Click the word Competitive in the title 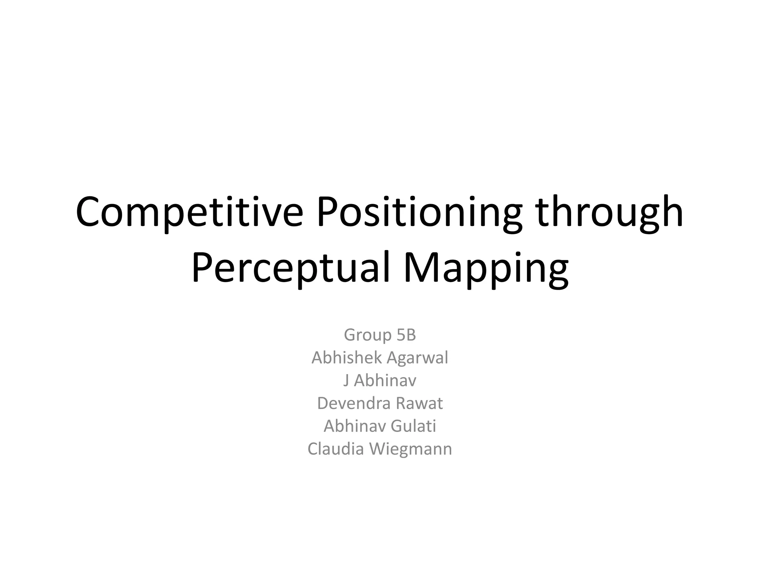[189, 212]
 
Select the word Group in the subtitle [367, 335]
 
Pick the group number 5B [406, 335]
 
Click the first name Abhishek [347, 358]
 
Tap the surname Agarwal [417, 358]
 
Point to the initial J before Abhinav [346, 381]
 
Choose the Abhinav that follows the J [385, 381]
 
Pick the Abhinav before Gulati [354, 426]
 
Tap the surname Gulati [413, 426]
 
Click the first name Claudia [335, 449]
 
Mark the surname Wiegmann [411, 449]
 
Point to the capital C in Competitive [90, 212]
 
